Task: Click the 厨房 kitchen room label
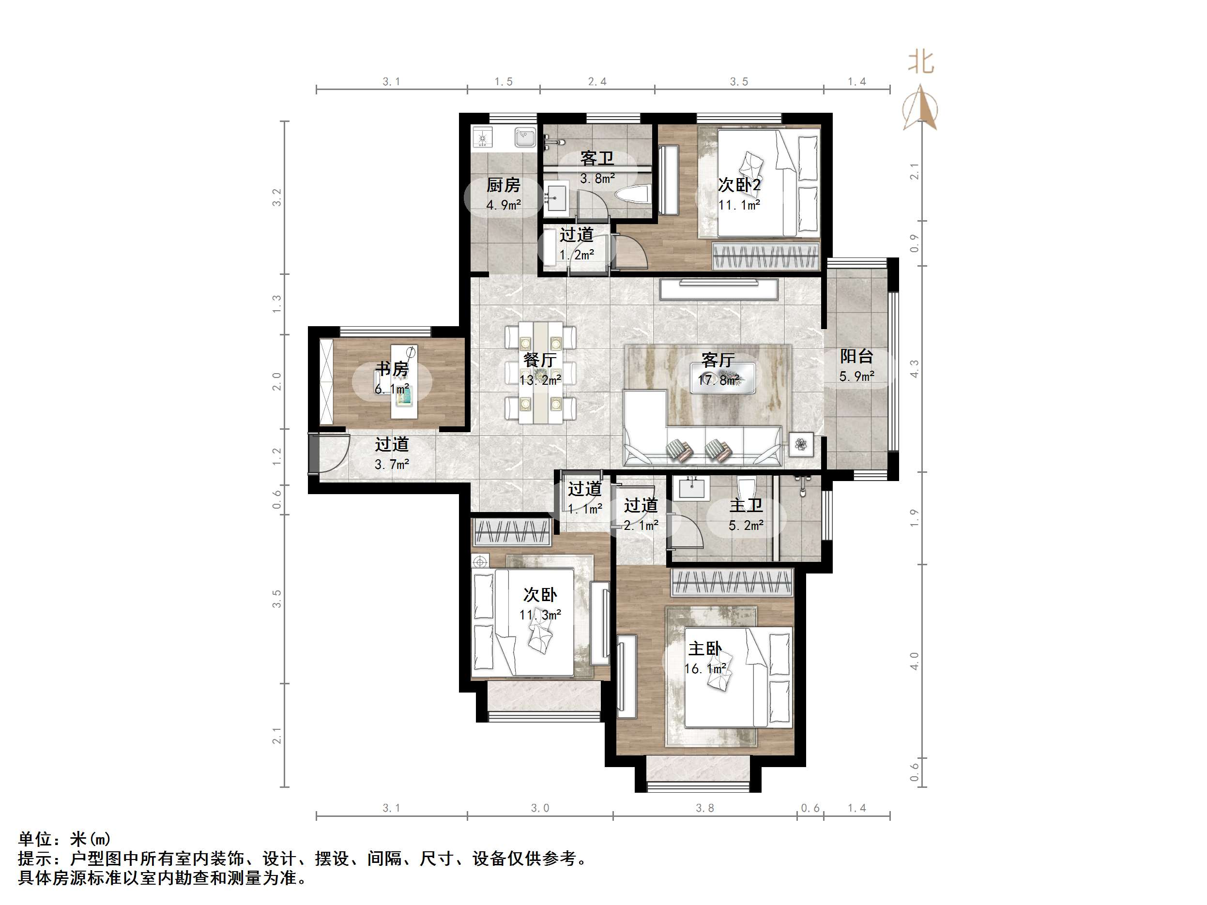[503, 185]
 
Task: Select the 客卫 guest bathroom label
[597, 159]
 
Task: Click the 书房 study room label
[392, 369]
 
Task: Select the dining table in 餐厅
[540, 373]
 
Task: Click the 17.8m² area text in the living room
[718, 380]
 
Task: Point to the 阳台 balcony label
[856, 356]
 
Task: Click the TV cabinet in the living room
[718, 289]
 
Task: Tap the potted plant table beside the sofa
[801, 445]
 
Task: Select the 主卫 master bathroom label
[746, 506]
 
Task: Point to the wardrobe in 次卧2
[766, 256]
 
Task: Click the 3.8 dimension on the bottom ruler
[704, 808]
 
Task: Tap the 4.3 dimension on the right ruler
[915, 369]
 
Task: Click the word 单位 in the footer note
[35, 838]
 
